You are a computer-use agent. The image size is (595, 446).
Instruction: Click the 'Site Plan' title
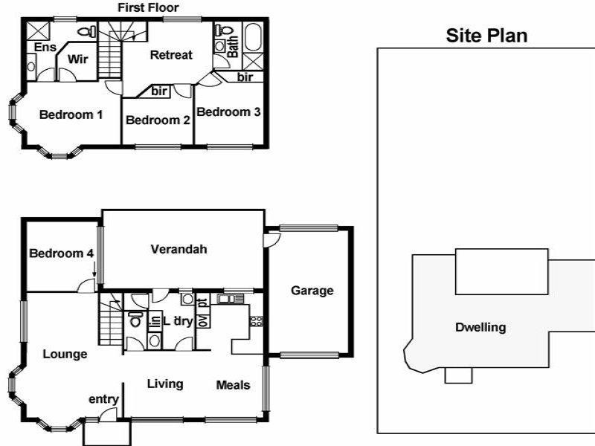(x=486, y=36)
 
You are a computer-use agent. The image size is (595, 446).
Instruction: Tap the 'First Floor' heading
(x=149, y=7)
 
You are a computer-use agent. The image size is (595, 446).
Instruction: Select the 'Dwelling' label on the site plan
(x=481, y=327)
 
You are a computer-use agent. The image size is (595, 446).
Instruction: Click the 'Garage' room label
(x=312, y=291)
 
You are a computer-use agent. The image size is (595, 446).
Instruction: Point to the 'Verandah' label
(x=178, y=249)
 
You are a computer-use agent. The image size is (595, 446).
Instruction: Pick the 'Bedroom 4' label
(x=61, y=253)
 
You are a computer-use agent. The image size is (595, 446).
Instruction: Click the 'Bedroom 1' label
(x=71, y=114)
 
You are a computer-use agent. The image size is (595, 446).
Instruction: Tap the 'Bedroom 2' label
(x=156, y=120)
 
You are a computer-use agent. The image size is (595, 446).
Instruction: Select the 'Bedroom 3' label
(x=229, y=112)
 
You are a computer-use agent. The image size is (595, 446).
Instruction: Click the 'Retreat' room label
(x=171, y=54)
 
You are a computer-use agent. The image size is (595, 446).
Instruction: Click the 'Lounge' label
(x=65, y=354)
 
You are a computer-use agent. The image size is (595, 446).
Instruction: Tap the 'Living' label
(x=165, y=384)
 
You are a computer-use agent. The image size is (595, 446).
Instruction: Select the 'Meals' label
(x=233, y=384)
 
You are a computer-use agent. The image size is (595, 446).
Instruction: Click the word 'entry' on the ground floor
(x=103, y=399)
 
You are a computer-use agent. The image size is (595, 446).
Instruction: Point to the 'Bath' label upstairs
(x=233, y=47)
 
